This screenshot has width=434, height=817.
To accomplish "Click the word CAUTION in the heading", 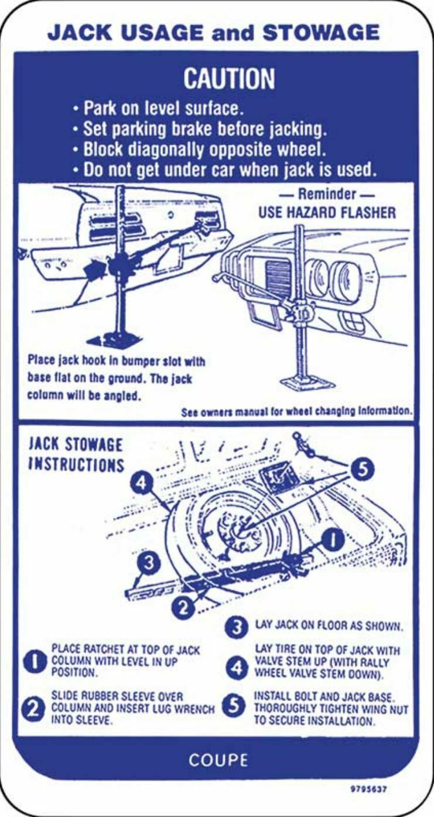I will (228, 79).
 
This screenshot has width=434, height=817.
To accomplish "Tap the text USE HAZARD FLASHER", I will (327, 212).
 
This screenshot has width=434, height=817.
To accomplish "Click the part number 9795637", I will (368, 788).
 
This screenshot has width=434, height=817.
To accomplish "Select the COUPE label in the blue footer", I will (218, 760).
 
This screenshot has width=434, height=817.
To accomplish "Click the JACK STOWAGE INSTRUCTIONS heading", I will (76, 455).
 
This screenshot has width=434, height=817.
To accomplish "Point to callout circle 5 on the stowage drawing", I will (362, 470).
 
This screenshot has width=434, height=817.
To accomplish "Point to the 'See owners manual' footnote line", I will (296, 411).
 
